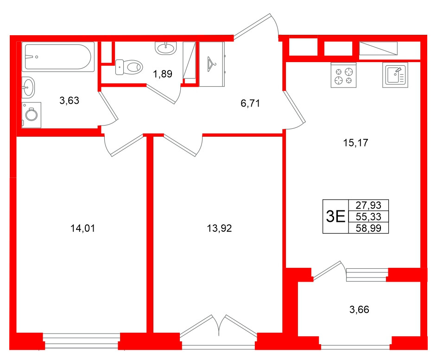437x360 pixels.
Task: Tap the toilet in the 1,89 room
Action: pyautogui.click(x=128, y=67)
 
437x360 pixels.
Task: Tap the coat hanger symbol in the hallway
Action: pyautogui.click(x=212, y=63)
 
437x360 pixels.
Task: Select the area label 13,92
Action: pyautogui.click(x=219, y=228)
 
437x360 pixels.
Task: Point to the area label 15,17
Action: pyautogui.click(x=355, y=143)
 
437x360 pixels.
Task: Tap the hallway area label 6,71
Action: pyautogui.click(x=250, y=103)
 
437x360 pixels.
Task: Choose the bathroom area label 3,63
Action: pyautogui.click(x=70, y=100)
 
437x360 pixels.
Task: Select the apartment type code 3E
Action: pyautogui.click(x=336, y=216)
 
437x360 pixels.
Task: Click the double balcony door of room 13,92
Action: pyautogui.click(x=219, y=327)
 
